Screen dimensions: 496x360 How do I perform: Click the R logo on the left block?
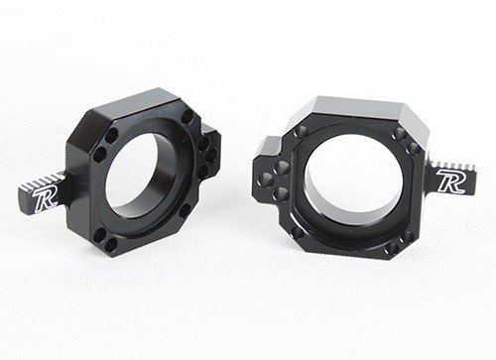click(x=44, y=198)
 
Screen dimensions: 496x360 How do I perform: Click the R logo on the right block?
click(x=450, y=180)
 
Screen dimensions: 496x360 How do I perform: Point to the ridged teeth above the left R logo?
click(x=41, y=181)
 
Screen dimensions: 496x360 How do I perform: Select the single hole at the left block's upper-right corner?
click(x=188, y=116)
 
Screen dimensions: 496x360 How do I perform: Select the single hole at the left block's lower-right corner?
click(x=186, y=209)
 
